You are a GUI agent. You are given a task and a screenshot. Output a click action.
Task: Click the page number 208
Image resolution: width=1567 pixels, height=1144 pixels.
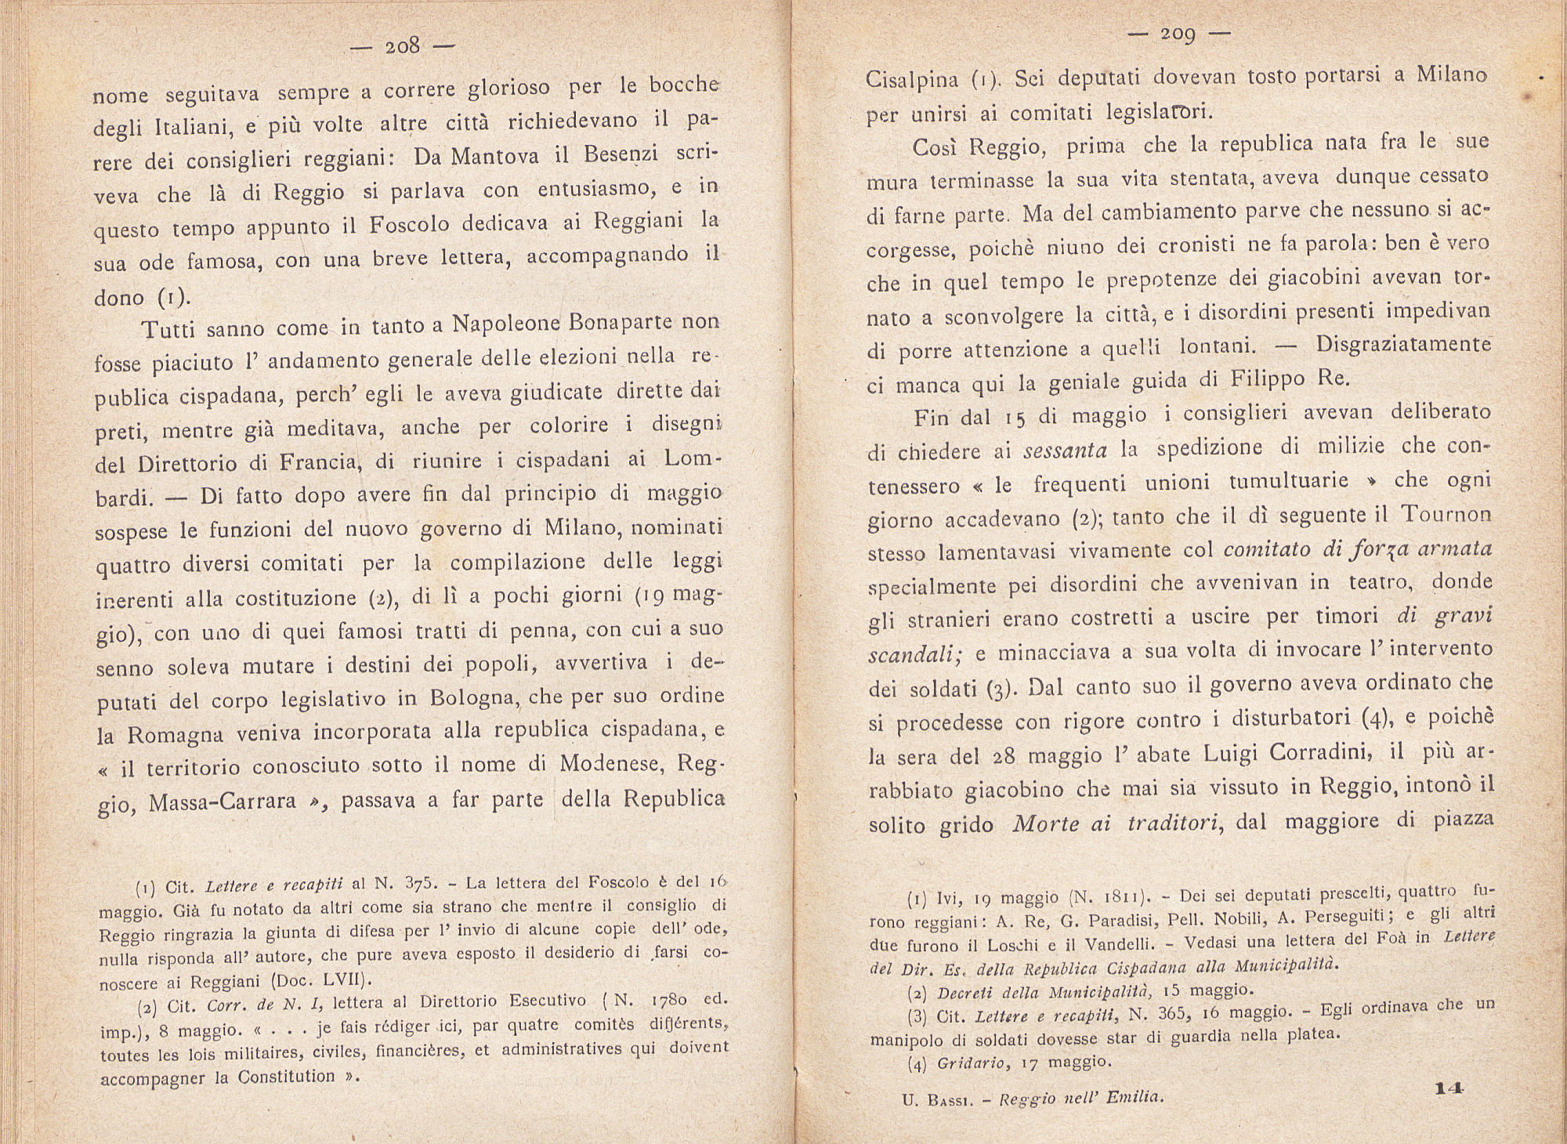tap(403, 45)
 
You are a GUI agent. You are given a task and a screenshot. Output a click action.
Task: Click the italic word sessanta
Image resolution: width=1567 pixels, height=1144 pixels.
tap(1066, 451)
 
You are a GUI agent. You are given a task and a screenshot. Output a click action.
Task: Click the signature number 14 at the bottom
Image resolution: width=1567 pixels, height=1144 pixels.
tap(1450, 1088)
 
